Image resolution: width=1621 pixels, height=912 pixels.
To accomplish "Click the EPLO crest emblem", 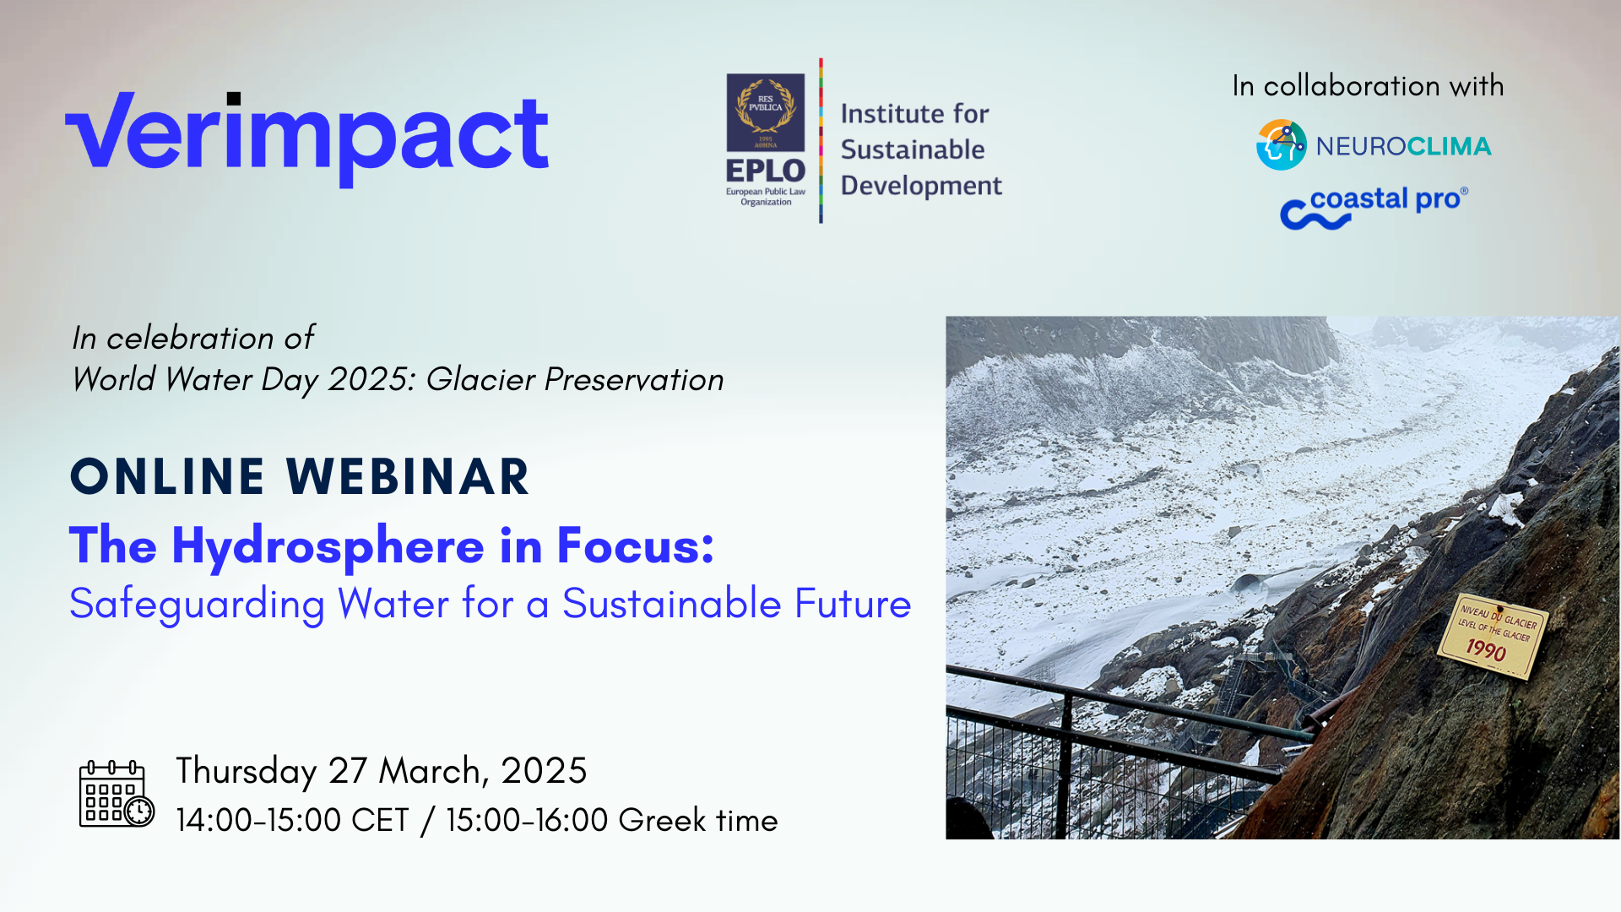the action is [766, 112].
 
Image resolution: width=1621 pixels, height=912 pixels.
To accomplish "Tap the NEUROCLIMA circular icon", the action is [1281, 144].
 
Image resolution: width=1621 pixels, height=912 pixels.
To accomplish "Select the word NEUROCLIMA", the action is [1403, 146].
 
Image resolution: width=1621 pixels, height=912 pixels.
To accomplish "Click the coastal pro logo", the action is [1374, 207].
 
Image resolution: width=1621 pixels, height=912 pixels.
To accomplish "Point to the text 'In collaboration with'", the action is [1368, 85].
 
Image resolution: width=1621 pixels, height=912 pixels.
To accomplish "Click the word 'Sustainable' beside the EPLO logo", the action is [913, 149].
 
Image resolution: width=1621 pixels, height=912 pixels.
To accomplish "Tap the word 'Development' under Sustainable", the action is [921, 186].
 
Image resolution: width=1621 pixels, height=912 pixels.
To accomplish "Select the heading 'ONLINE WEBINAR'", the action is [300, 476].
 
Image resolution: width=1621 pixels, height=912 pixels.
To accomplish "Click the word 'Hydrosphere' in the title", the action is [328, 546].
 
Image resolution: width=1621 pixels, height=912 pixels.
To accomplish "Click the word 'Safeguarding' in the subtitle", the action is [197, 605].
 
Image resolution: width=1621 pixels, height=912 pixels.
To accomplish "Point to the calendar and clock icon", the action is [117, 793].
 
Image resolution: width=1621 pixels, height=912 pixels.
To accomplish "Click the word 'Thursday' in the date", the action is [247, 772].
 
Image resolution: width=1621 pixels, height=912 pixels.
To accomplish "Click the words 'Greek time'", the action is [697, 820].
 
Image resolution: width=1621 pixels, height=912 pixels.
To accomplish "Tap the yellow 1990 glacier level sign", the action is [1493, 636].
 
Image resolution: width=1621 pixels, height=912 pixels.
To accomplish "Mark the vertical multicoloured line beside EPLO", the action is [821, 140].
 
